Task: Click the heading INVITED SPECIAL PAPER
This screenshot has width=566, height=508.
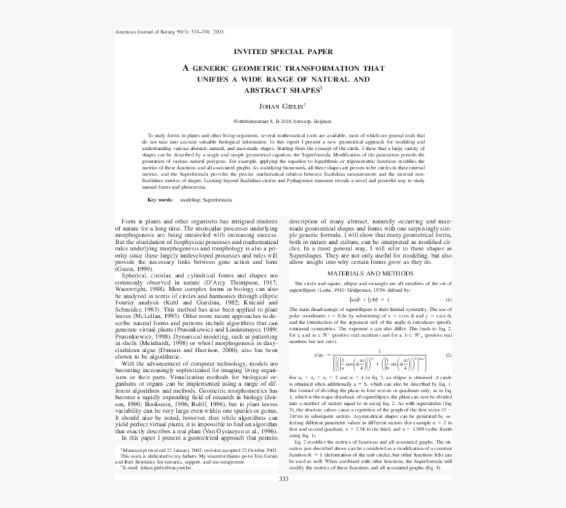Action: (283, 51)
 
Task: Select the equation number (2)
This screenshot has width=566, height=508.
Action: (448, 356)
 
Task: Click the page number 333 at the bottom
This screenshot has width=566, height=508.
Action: (284, 478)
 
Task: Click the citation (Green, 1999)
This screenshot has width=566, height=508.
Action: (135, 269)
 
